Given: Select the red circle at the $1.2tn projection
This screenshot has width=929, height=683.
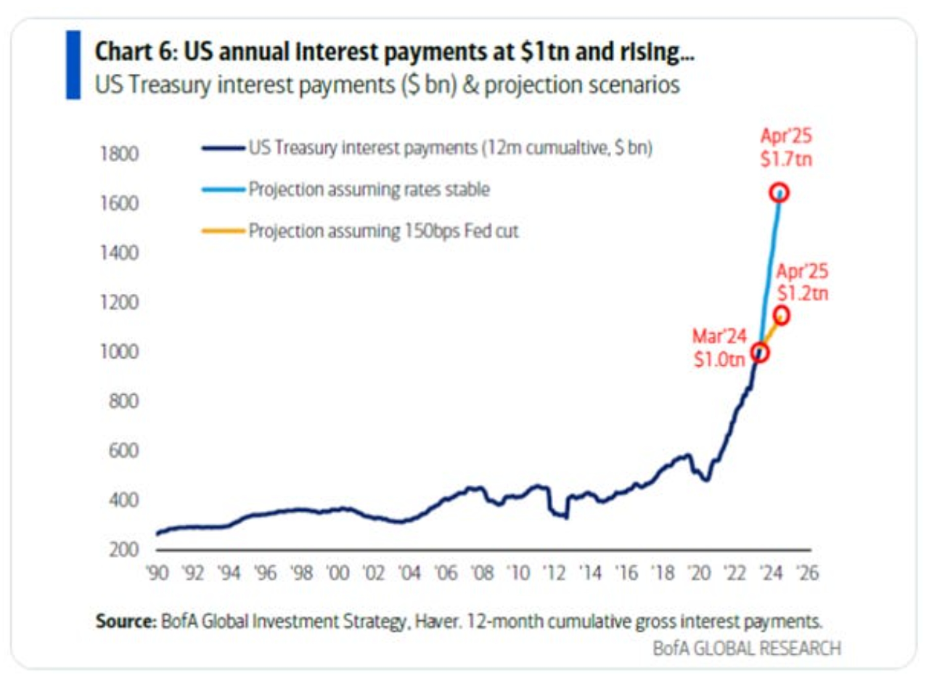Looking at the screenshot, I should coord(782,316).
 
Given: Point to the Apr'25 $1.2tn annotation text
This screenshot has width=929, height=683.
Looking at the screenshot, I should coord(802,283).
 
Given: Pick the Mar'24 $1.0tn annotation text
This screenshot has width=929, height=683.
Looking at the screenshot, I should coord(719,348).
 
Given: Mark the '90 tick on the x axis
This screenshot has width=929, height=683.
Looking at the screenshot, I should coord(157,573).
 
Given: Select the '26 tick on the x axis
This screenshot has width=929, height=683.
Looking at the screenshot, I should coord(806,573).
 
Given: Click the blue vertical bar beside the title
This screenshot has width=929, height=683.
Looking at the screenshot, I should coord(73,65).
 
